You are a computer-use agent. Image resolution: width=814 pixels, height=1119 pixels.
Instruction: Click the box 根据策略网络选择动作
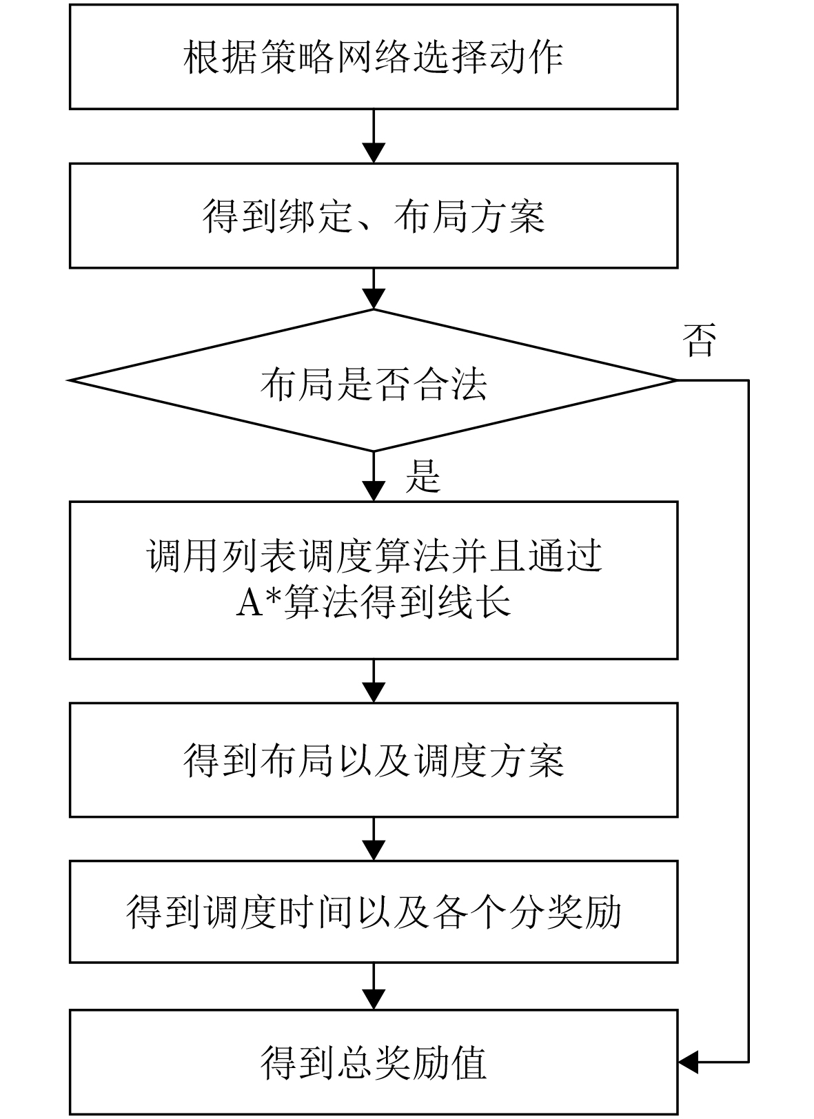[x=373, y=57]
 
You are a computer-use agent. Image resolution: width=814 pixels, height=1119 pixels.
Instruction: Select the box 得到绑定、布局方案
[x=373, y=216]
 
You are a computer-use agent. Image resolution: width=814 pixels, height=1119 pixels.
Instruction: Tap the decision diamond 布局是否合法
[x=373, y=381]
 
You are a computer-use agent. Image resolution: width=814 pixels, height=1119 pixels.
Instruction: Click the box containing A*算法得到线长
[x=373, y=580]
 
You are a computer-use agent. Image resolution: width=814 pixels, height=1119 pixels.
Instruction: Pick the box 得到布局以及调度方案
[x=373, y=760]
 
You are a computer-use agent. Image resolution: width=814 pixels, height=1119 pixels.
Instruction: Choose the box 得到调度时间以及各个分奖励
[x=373, y=912]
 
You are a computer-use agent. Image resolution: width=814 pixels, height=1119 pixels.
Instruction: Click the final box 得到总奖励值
[x=373, y=1062]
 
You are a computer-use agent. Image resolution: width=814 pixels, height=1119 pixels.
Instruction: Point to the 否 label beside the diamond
[x=699, y=340]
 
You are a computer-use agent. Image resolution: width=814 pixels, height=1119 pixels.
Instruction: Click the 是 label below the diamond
[x=423, y=476]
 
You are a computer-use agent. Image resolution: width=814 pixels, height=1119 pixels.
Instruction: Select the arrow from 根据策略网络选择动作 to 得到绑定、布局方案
[x=374, y=136]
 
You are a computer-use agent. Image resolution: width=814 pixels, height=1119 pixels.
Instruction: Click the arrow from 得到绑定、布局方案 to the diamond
[x=374, y=289]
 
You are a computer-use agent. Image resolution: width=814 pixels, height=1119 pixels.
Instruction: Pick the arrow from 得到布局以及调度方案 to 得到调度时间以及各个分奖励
[x=374, y=839]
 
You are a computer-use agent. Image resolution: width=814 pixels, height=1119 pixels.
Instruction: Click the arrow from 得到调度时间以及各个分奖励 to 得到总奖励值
[x=374, y=987]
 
